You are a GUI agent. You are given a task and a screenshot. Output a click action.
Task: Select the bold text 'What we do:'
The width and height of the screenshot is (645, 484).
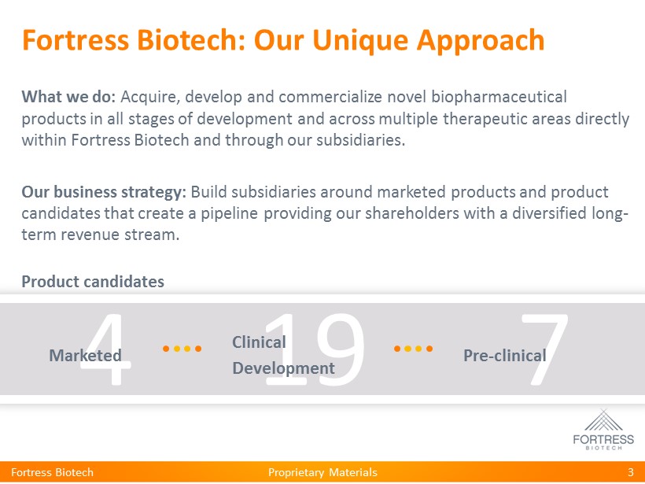click(x=68, y=97)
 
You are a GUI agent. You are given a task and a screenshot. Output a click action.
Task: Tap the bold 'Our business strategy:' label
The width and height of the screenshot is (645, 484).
click(x=104, y=192)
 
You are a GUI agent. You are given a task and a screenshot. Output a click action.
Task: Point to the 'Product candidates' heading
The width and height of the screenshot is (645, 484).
click(x=93, y=282)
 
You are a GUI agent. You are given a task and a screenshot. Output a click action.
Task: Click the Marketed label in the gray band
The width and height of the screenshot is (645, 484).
click(x=85, y=356)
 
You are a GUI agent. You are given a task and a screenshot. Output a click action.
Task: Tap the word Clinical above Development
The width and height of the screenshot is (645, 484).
click(x=259, y=342)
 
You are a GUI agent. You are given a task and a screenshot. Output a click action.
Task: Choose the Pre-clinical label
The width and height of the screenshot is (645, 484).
click(x=505, y=356)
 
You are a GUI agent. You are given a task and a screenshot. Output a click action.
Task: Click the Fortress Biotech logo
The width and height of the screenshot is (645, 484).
click(x=603, y=429)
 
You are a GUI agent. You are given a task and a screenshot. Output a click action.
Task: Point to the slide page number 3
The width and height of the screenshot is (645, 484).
click(x=631, y=472)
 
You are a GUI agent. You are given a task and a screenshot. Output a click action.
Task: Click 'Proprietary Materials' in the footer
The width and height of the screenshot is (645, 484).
click(x=322, y=472)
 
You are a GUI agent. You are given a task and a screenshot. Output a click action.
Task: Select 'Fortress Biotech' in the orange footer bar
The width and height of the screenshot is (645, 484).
click(x=52, y=472)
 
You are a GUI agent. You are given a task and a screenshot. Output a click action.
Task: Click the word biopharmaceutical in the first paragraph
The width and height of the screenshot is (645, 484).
click(x=499, y=98)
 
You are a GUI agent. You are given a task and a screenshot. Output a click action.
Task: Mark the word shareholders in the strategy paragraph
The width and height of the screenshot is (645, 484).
click(x=411, y=213)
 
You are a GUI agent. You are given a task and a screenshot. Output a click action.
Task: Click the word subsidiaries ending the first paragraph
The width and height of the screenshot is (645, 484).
click(x=361, y=140)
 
